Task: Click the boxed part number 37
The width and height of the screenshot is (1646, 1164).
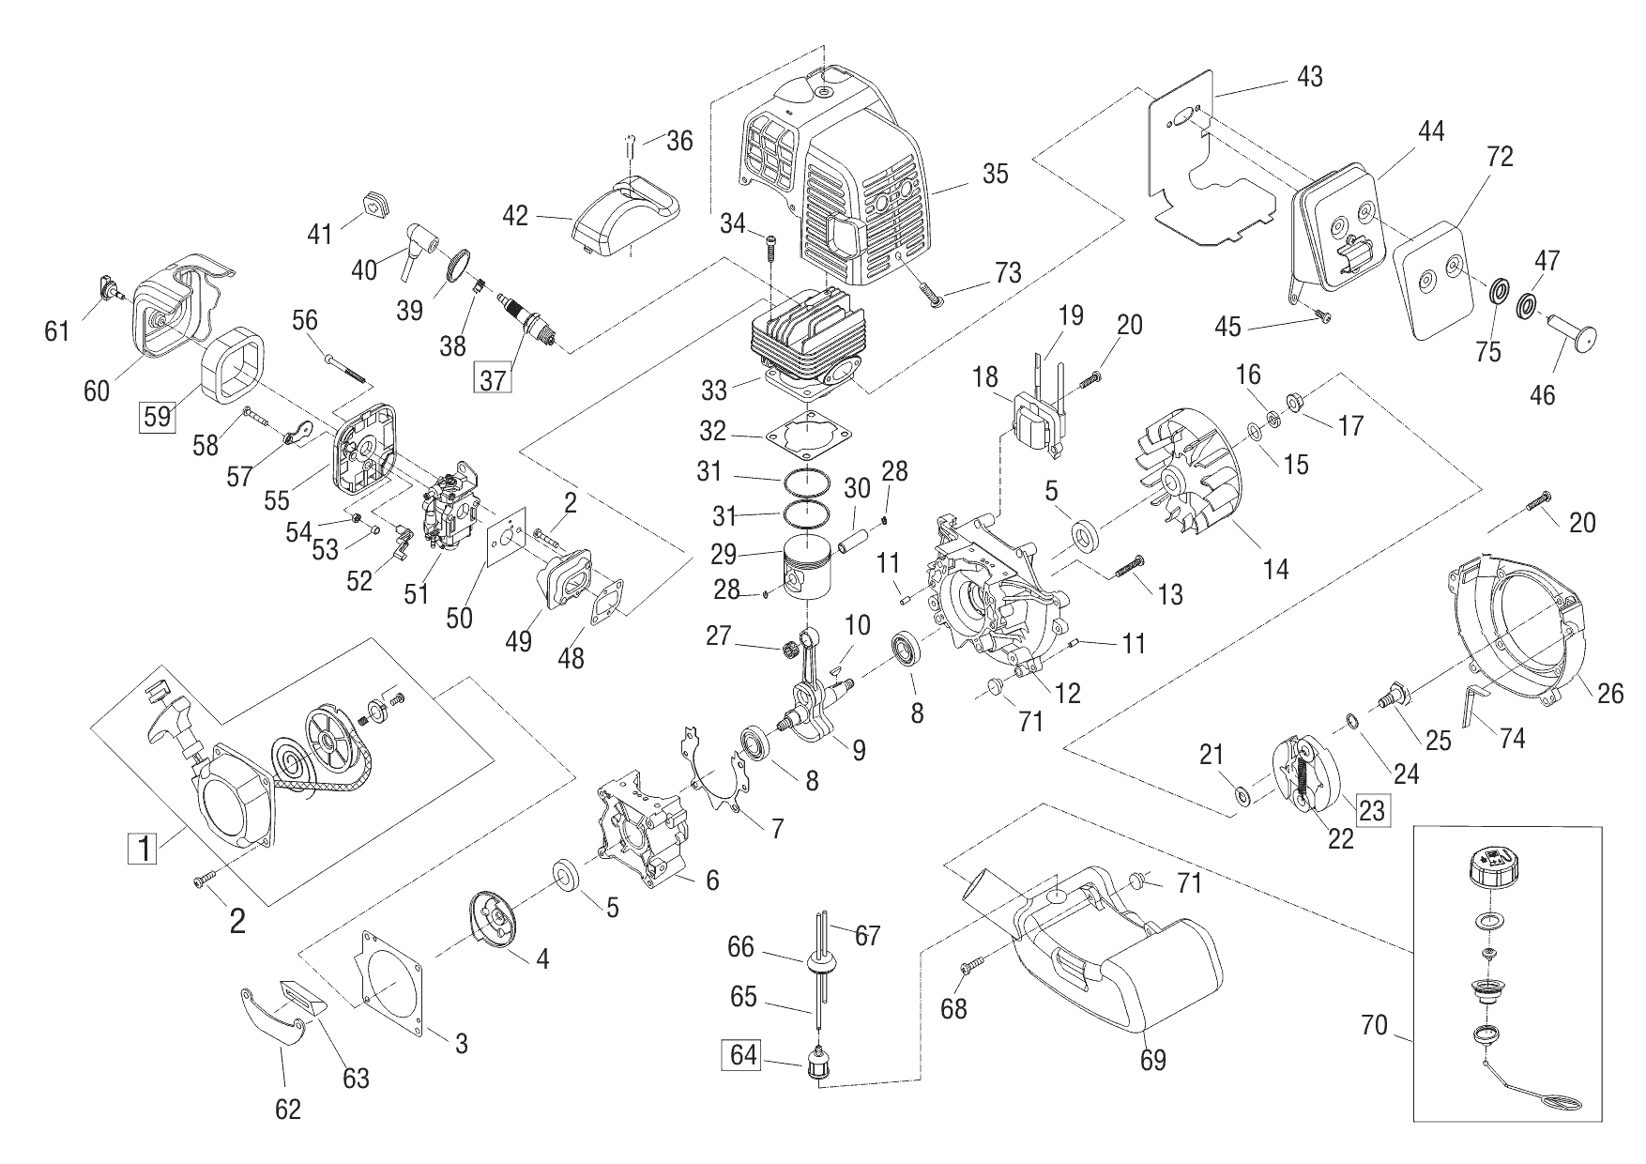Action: (x=494, y=380)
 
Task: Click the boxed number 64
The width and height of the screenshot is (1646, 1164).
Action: (x=743, y=1054)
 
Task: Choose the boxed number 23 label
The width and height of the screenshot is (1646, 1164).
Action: (x=1372, y=809)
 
